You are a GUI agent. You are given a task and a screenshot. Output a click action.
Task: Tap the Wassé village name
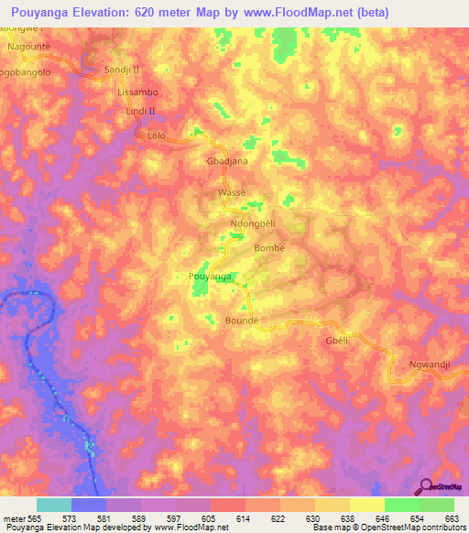click(x=233, y=193)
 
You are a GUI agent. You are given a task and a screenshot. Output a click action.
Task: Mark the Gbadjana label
click(x=226, y=160)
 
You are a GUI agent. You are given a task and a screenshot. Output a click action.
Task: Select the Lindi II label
click(x=141, y=112)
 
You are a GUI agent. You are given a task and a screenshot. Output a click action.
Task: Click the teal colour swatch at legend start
click(x=54, y=505)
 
